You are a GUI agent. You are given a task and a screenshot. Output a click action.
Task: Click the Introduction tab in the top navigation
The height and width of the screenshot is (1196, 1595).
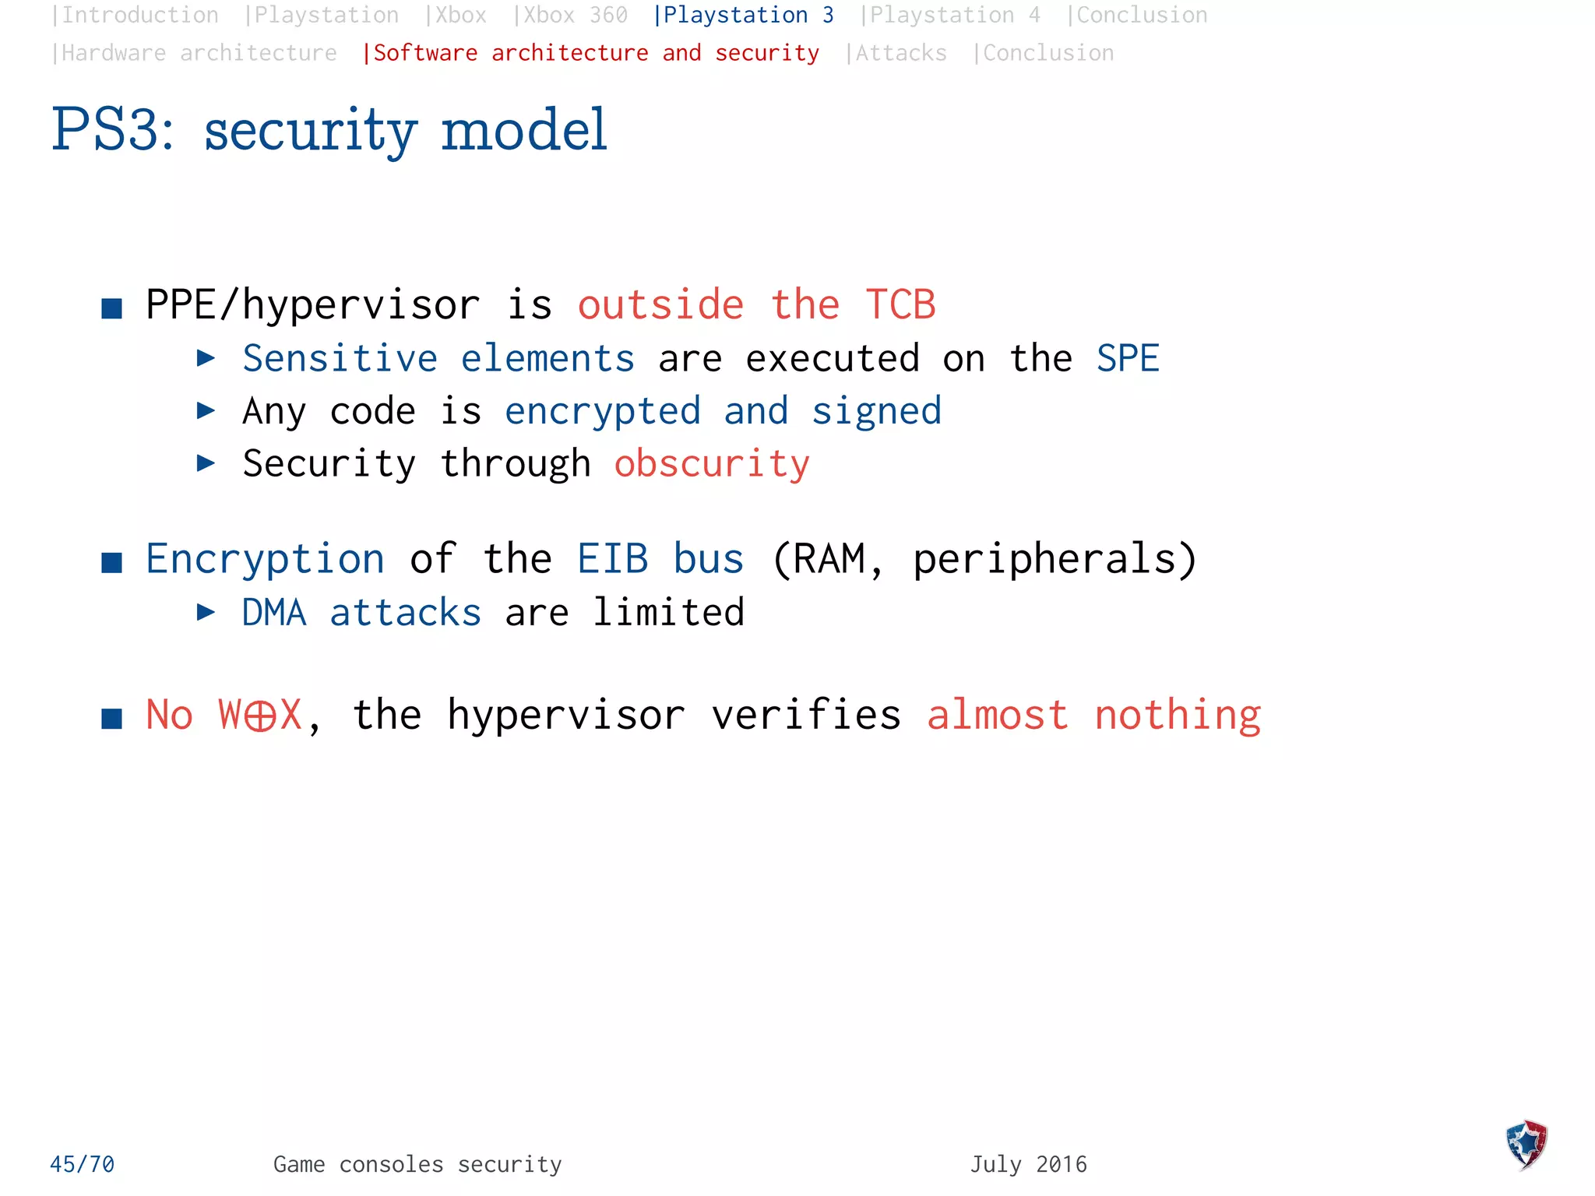click(139, 16)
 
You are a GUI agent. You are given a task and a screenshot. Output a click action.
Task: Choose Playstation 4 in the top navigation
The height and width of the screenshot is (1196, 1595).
click(954, 16)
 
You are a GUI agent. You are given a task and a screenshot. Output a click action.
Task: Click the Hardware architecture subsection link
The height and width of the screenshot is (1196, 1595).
click(198, 53)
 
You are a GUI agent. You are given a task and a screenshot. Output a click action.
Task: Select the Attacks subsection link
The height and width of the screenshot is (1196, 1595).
click(900, 53)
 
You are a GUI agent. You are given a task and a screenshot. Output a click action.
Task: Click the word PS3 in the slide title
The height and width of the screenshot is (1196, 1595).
click(113, 130)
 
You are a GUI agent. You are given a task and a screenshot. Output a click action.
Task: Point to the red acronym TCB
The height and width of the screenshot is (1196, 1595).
click(900, 304)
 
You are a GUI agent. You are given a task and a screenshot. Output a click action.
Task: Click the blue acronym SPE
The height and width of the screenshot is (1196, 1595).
click(1128, 359)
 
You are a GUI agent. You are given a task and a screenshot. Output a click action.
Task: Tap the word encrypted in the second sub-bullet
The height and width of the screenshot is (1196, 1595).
click(603, 411)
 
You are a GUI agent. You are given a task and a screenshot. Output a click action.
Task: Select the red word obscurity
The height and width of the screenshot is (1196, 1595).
click(712, 464)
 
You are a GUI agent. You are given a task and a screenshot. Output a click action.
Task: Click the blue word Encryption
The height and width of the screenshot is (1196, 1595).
click(265, 559)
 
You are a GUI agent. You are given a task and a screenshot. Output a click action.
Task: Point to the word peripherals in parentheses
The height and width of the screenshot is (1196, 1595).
click(1048, 559)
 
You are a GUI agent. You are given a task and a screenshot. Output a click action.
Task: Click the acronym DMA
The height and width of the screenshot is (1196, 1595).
click(274, 613)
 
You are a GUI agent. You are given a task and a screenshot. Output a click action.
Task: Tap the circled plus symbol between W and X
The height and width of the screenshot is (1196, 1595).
click(259, 716)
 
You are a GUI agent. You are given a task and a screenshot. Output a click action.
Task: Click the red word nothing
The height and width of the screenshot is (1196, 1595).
click(1177, 716)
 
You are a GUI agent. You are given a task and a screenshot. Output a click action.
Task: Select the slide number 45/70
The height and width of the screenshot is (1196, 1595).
click(82, 1164)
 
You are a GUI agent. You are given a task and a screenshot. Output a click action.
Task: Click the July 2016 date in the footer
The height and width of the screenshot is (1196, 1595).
click(1028, 1164)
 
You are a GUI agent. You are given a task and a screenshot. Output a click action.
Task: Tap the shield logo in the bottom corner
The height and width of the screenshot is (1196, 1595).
click(1526, 1145)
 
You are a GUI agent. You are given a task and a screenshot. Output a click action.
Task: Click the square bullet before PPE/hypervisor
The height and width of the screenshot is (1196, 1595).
click(112, 309)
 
